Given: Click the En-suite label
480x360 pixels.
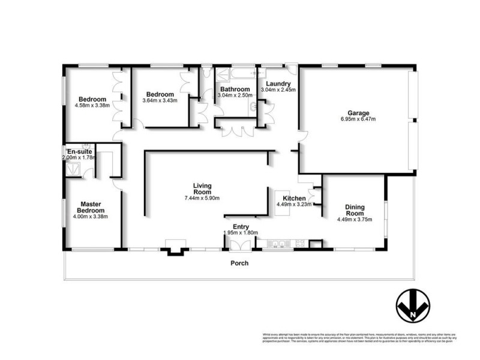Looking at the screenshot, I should click(79, 151).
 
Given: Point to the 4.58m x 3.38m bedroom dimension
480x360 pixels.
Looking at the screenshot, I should click(92, 106).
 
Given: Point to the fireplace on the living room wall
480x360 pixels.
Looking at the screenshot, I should click(175, 251).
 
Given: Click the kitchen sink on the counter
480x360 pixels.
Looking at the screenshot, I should click(277, 244).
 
